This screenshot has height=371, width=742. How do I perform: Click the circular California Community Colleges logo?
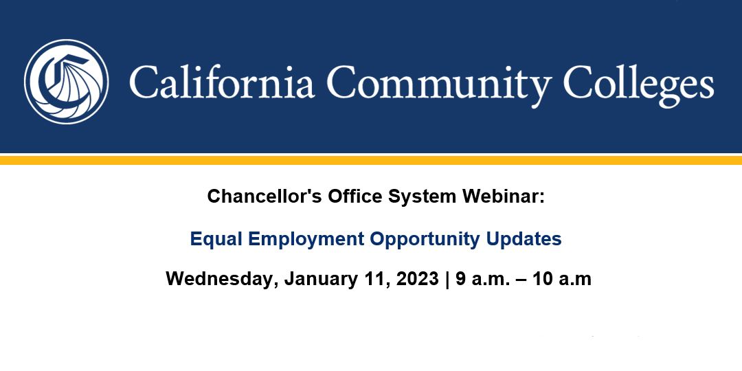(x=66, y=82)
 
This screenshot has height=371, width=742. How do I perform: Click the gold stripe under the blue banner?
(x=371, y=160)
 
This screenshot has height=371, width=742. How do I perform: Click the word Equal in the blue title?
(x=216, y=240)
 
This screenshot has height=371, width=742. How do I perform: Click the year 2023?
(x=418, y=279)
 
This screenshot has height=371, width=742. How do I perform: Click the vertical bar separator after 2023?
(x=447, y=280)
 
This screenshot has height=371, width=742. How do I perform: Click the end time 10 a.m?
(x=562, y=279)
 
